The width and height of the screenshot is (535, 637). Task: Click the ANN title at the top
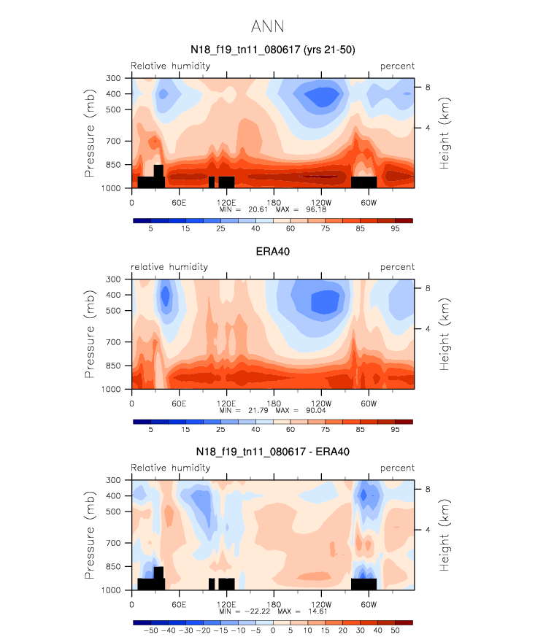tap(267, 27)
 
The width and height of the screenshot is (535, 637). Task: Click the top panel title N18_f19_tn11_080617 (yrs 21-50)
tap(272, 50)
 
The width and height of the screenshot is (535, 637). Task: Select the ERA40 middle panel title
tap(272, 251)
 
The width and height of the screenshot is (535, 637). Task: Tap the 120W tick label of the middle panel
tap(320, 403)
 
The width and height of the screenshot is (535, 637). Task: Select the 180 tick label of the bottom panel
tap(273, 604)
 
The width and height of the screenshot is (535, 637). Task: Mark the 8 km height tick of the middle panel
tap(428, 288)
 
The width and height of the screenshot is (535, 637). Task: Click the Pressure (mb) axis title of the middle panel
tap(90, 334)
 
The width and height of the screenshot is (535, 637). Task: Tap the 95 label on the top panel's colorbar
tap(395, 229)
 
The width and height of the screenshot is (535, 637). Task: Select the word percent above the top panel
tap(397, 66)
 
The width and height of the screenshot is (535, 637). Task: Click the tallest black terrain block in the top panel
tap(158, 175)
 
